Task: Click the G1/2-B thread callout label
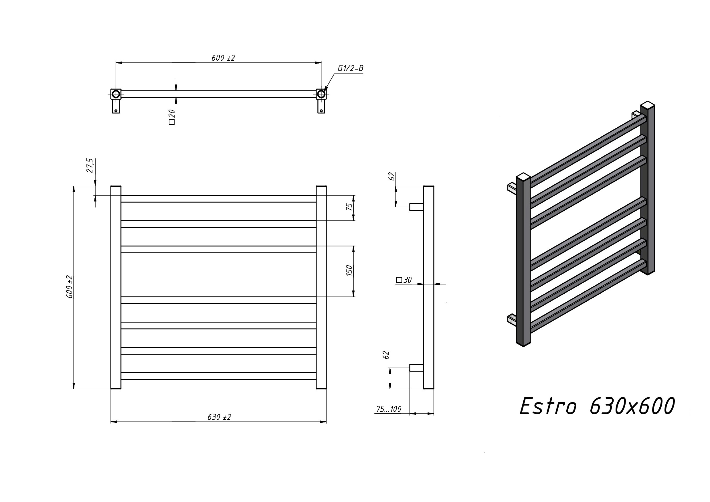[x=350, y=68]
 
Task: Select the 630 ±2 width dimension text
[x=219, y=417]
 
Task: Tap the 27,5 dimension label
[x=90, y=166]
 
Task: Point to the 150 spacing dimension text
[x=349, y=271]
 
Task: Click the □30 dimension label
[x=404, y=280]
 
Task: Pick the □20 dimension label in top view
[x=172, y=117]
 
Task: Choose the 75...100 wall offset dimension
[x=389, y=409]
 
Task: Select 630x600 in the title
[x=632, y=406]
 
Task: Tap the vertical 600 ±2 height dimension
[x=70, y=287]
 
